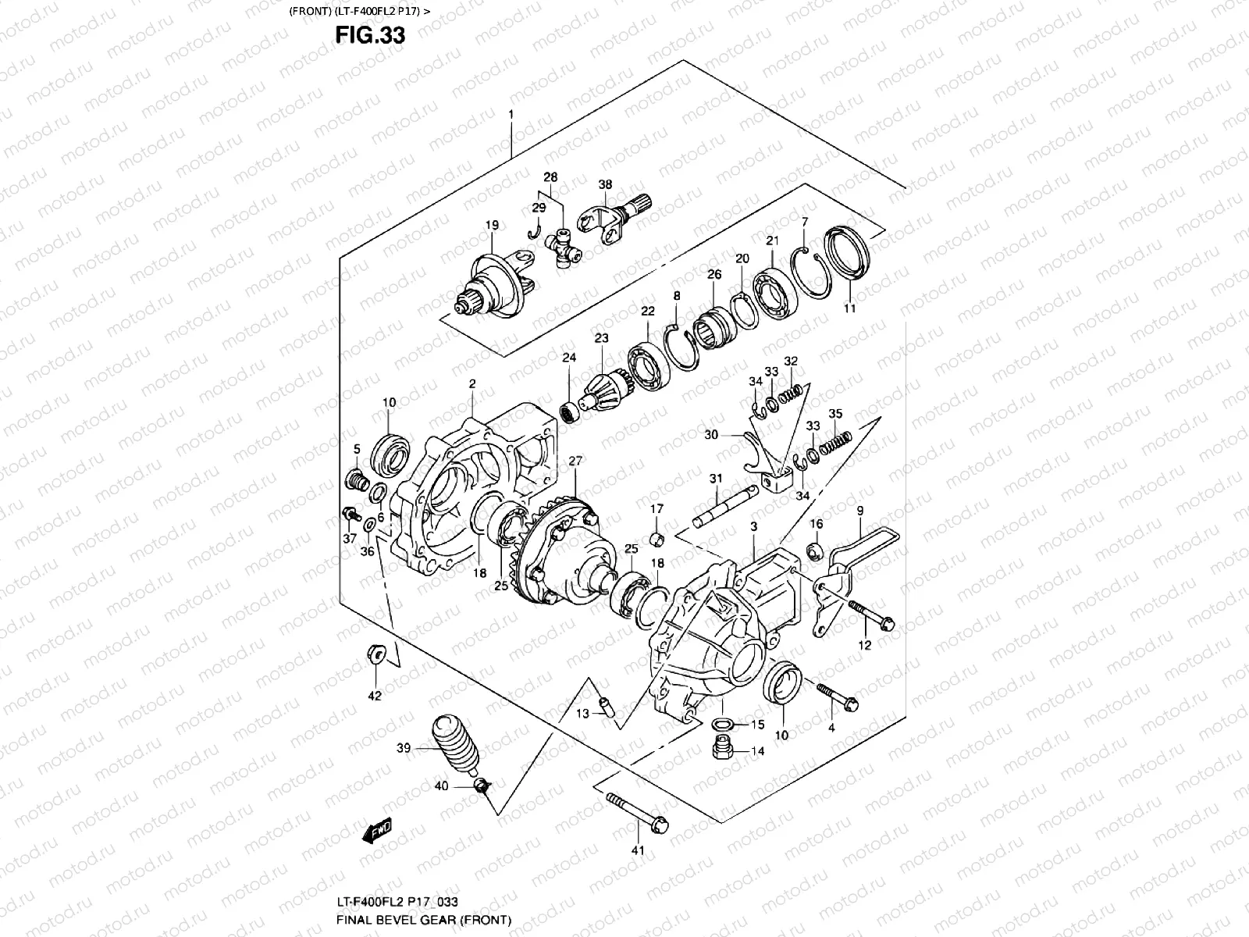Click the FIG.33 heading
370,36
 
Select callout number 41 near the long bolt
638,851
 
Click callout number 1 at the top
511,115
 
